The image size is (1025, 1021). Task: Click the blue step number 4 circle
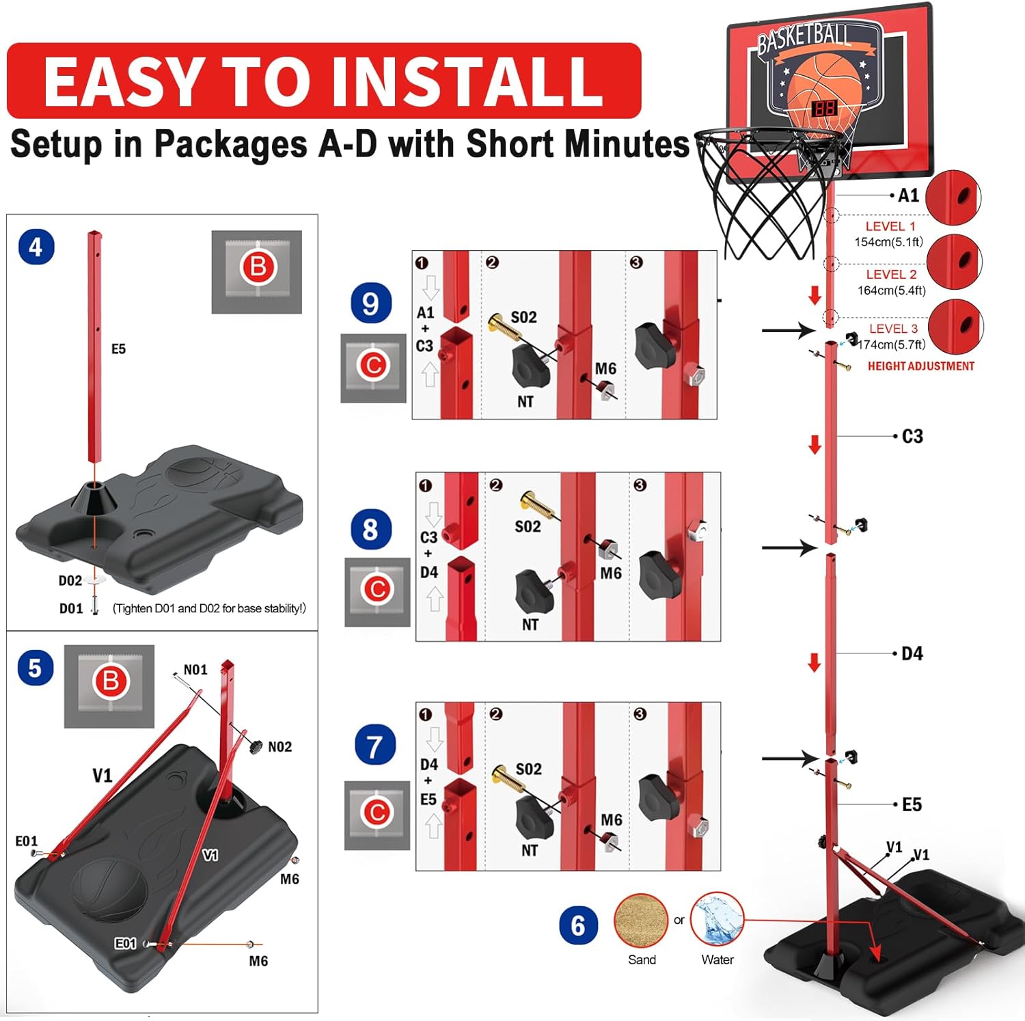36,247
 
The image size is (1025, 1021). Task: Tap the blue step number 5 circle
35,668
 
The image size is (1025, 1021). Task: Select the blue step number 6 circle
577,925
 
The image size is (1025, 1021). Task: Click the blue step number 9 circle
370,303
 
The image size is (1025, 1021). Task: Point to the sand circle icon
640,920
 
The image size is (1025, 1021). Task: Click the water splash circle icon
717,919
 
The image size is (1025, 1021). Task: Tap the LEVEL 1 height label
890,226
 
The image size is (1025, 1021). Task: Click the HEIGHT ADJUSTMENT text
920,366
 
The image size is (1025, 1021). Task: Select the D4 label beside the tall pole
912,654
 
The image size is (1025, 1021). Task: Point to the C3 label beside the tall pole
912,436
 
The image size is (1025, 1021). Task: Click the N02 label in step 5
279,747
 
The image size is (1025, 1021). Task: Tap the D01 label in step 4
71,608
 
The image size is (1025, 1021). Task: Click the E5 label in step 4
118,349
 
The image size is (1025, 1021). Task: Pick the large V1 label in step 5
102,776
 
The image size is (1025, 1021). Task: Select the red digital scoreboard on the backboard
824,109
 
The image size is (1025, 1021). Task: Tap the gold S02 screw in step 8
536,504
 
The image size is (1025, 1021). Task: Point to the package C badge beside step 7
377,813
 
